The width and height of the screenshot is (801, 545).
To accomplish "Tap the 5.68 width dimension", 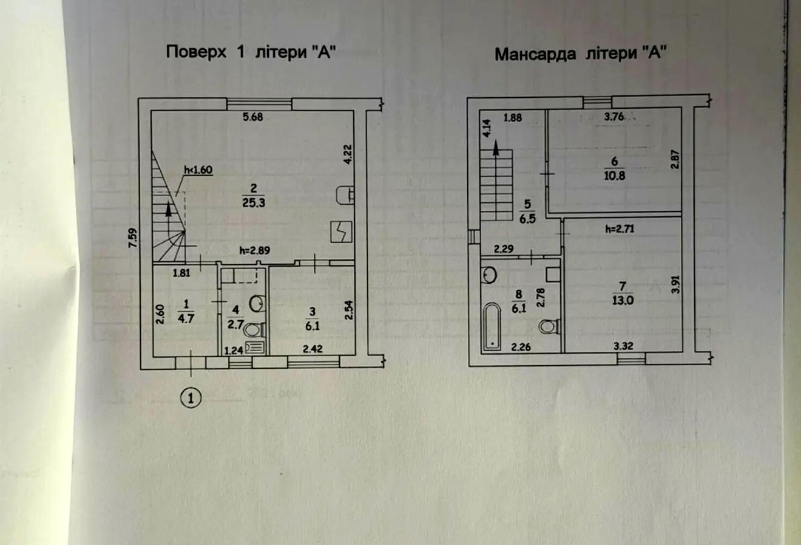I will point(253,117).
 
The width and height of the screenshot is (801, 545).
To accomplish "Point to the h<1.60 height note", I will point(198,170).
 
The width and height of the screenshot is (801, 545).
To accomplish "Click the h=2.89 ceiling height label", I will point(254,250).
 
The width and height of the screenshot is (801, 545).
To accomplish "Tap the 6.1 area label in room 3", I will point(313,326).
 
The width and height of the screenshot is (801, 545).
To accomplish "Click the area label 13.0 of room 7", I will point(623,300).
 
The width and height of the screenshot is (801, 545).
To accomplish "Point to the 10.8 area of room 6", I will point(615,176).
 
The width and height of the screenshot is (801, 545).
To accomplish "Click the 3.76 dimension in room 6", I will point(614,117).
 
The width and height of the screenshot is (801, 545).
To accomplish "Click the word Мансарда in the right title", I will point(535,54).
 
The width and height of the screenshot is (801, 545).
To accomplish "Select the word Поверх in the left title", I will point(196,52).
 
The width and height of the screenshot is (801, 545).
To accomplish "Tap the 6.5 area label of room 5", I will point(527,219).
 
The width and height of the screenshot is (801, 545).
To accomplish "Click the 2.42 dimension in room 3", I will point(313,349).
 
